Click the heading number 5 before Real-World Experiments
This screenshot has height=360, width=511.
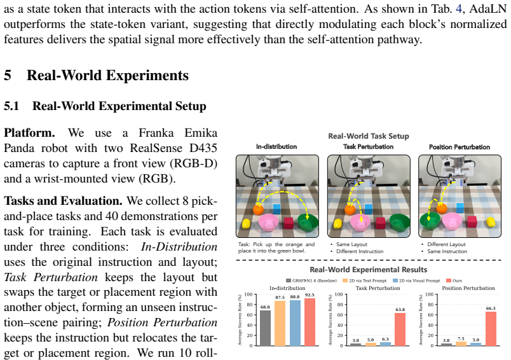coord(8,75)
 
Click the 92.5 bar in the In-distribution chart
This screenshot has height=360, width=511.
coord(310,322)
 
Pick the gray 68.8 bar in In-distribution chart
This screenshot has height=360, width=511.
coord(265,328)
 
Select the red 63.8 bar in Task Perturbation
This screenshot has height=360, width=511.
coord(400,329)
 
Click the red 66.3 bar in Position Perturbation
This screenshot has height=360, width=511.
coord(491,329)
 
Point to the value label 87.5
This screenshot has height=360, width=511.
coord(280,298)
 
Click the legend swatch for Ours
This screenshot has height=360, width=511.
coord(449,280)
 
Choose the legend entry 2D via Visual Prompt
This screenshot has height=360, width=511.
coord(416,280)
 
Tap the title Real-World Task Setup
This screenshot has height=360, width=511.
coord(368,136)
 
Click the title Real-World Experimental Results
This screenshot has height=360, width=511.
coord(368,270)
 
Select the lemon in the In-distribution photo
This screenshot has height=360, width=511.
coord(246,224)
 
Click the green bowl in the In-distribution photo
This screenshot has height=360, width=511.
coord(308,223)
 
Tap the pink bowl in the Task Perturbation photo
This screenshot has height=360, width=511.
coord(360,223)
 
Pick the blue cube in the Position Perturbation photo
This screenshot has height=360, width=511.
coord(460,207)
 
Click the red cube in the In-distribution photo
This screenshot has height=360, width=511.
coord(289,223)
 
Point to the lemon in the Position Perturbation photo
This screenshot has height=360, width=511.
coord(490,222)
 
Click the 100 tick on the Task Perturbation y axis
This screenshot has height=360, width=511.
coord(339,294)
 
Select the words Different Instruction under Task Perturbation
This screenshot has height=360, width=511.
coord(360,251)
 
